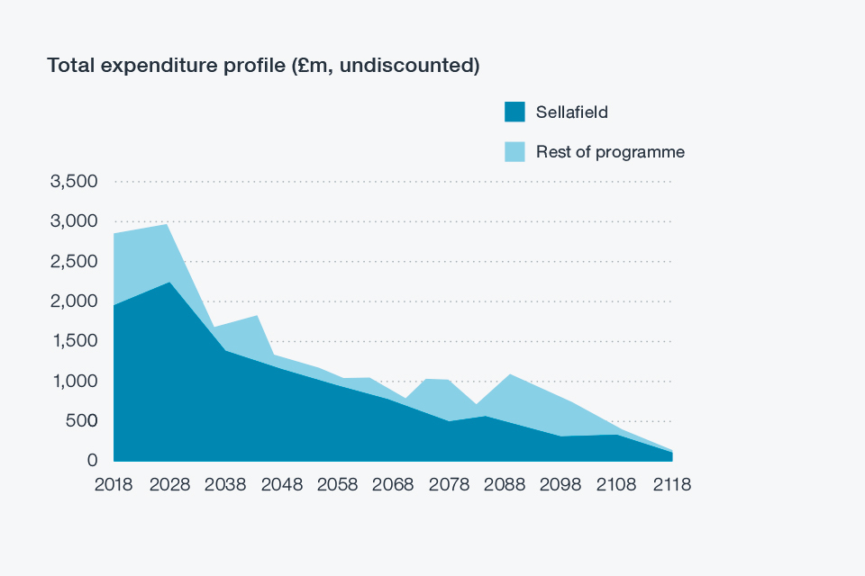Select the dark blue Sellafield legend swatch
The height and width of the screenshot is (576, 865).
514,112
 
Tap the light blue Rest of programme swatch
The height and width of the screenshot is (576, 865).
514,151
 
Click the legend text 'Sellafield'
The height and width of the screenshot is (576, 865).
571,112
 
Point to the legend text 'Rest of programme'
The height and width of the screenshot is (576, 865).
610,152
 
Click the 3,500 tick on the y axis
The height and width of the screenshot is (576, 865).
75,182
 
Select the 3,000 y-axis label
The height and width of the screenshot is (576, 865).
75,221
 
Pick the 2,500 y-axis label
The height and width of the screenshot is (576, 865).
75,262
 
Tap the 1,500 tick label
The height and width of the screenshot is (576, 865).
75,341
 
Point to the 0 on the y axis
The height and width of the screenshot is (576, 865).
92,461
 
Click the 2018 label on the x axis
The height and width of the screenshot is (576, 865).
114,484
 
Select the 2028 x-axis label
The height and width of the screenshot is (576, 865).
169,484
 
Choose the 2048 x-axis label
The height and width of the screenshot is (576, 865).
281,484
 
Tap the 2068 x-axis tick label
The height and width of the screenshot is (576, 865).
393,484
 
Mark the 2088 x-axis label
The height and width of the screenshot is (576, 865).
505,484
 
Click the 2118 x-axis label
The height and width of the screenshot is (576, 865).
672,484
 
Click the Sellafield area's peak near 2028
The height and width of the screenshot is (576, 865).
169,283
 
